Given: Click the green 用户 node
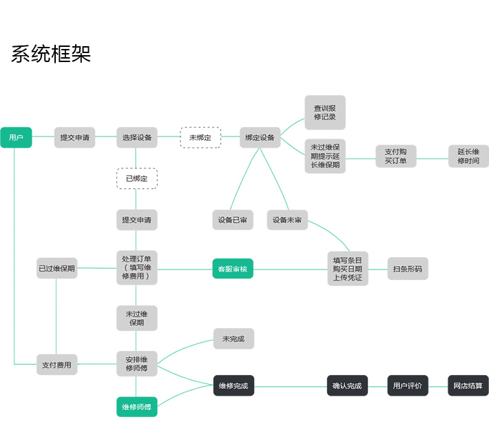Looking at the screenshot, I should [x=16, y=138].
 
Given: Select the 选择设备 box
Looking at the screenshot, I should [x=136, y=138].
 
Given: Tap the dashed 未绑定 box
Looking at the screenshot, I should [x=200, y=138].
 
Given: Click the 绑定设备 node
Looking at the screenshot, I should [x=260, y=138].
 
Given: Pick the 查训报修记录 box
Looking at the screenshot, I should [x=325, y=112].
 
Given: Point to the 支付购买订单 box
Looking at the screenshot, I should [x=396, y=157].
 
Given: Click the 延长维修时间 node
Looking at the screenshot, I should [x=468, y=157].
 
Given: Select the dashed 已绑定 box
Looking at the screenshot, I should [x=136, y=179].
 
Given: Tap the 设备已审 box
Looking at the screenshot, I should [x=233, y=220].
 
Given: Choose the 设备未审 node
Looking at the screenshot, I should [x=287, y=220].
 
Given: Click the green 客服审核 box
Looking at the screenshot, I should [x=233, y=269].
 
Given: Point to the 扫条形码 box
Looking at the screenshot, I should [x=408, y=269].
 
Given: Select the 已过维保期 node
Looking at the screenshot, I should [x=56, y=268].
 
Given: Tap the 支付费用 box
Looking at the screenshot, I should [x=56, y=364].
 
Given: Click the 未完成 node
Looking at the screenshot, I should [x=233, y=339].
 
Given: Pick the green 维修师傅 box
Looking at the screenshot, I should [x=136, y=407].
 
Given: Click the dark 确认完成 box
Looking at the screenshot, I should [x=346, y=385].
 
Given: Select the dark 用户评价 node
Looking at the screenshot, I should [x=408, y=385].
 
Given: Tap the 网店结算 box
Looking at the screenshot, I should [x=468, y=385].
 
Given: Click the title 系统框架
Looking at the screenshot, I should [x=51, y=54].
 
